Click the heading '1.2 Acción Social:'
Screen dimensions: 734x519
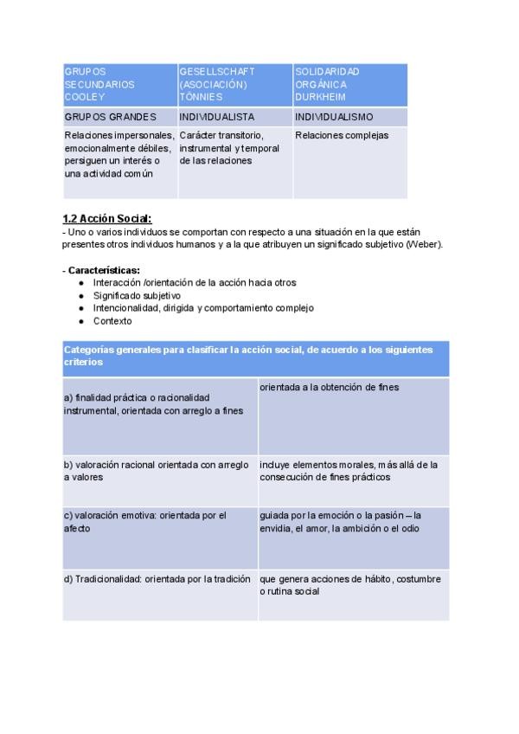107,218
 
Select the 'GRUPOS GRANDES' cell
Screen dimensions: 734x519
111,116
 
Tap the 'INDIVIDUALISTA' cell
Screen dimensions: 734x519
215,116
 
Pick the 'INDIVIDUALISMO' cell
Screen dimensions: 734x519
334,116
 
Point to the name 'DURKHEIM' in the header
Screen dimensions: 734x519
320,97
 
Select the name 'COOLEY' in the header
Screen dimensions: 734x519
84,97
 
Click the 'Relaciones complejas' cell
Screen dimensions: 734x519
342,136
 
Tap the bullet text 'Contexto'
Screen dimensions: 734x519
112,321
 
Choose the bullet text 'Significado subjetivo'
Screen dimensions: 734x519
137,295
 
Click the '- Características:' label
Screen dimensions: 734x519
101,270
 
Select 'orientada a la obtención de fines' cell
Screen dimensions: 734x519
330,388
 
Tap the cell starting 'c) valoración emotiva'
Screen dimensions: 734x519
144,521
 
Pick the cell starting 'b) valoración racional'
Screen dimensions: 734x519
156,470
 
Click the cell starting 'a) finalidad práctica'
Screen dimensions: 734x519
153,403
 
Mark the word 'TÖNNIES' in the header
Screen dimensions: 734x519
201,97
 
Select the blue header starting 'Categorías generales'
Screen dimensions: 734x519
255,355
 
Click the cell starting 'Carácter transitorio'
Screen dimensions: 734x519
229,148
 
